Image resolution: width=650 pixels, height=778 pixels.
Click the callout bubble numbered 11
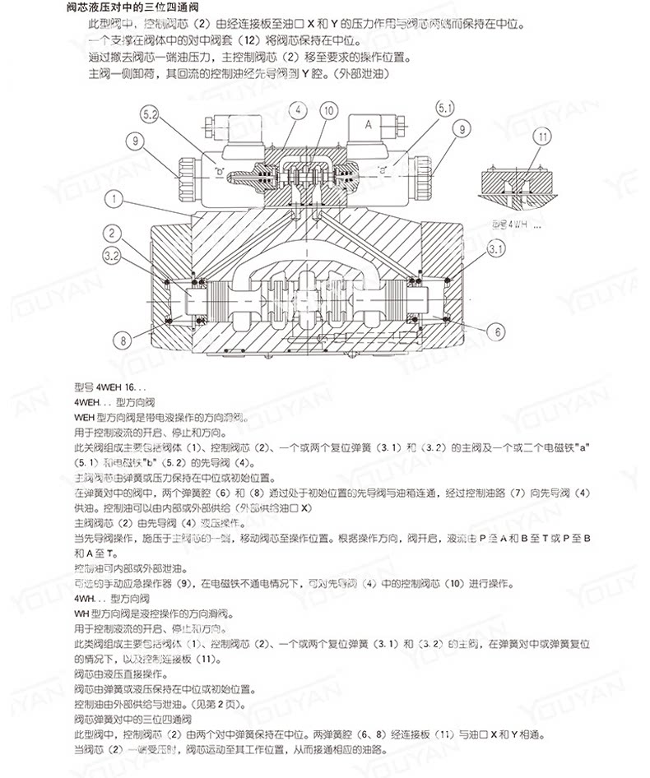pos(542,137)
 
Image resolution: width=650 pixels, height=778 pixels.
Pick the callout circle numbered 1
pos(114,198)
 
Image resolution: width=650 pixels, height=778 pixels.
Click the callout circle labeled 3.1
pos(496,248)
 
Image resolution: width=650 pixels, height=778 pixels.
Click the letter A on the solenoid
pos(368,126)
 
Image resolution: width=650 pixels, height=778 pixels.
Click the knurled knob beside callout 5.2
pos(183,171)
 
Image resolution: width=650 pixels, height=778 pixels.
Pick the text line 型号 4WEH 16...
pos(109,387)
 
